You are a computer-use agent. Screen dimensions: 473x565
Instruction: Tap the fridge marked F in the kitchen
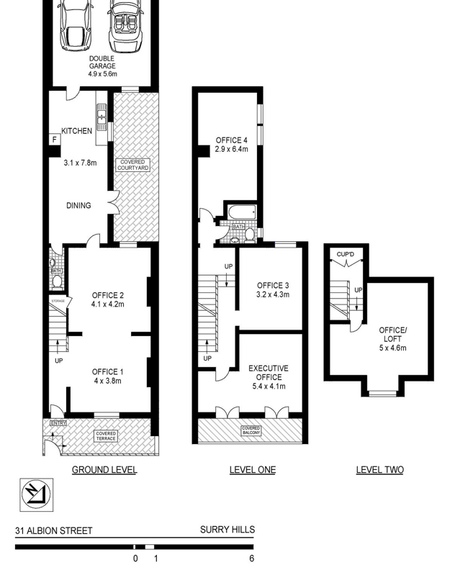coord(55,139)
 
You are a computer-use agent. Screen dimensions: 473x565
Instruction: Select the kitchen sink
coord(102,117)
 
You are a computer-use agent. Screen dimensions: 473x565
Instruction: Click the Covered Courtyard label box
coord(133,165)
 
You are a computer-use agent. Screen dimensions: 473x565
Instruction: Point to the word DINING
coord(78,205)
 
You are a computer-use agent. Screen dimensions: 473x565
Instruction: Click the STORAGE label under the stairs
coord(58,301)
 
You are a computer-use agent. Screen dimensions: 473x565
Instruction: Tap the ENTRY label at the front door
coord(58,423)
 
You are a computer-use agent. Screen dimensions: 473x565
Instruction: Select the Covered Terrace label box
coord(106,436)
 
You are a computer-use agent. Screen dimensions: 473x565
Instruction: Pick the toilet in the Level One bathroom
coord(250,234)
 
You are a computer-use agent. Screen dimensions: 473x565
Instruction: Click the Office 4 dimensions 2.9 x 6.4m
coord(231,149)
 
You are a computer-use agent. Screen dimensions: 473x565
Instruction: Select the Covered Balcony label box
coord(251,430)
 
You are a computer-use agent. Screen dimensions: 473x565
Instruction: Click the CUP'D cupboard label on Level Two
coord(346,254)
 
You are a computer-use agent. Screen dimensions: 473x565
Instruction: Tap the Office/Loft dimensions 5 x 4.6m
coord(392,348)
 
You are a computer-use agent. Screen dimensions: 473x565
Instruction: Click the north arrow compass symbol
coord(37,494)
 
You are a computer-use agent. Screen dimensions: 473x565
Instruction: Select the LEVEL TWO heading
coord(379,469)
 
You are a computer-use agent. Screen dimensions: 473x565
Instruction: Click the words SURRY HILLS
coord(228,530)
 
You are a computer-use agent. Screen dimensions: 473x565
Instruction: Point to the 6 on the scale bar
coord(252,558)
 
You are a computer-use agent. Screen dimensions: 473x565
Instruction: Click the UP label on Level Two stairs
coord(359,290)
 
